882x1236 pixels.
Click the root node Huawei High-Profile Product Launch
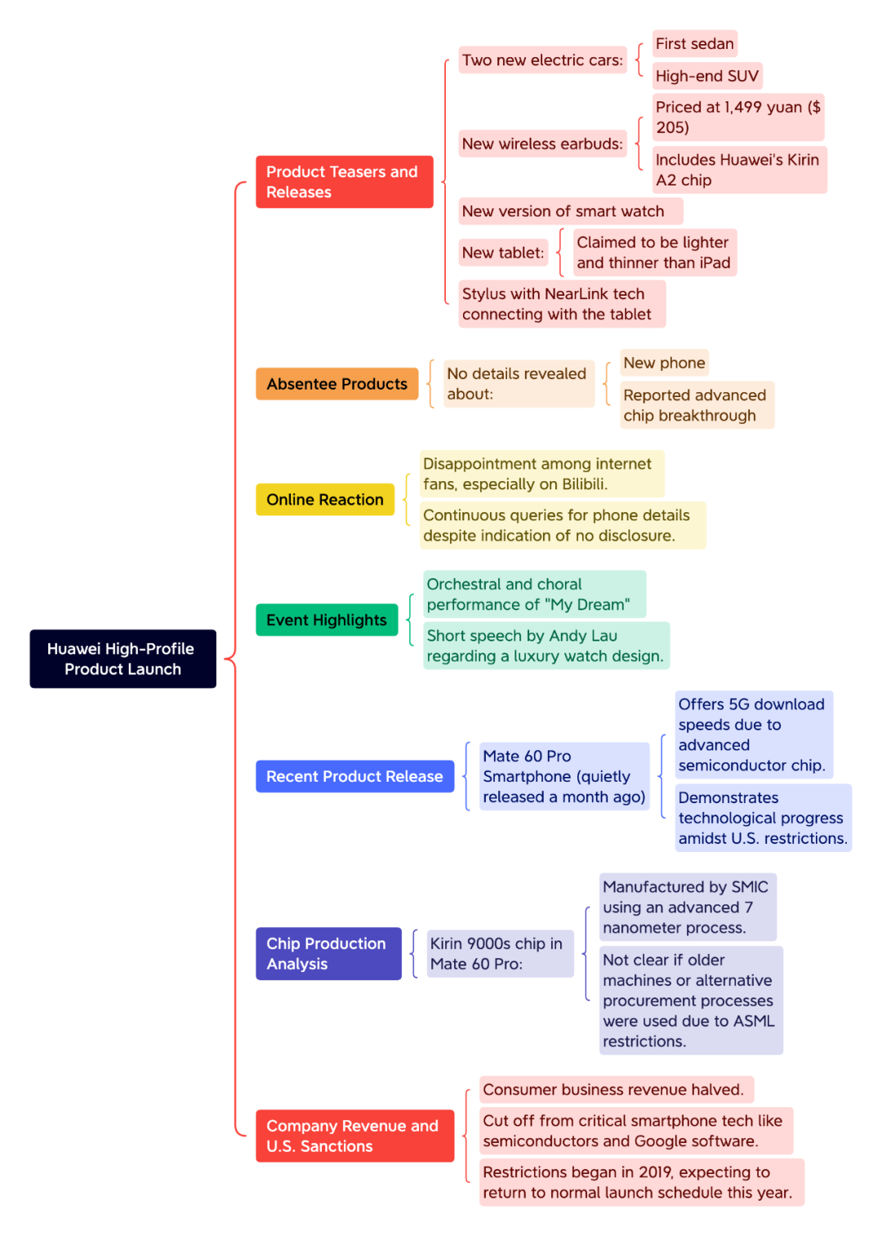point(122,658)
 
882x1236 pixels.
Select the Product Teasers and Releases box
point(344,181)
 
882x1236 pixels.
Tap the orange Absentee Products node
point(337,383)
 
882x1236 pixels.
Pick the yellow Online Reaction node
point(325,499)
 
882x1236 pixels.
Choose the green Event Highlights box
point(327,620)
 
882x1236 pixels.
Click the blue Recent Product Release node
point(354,776)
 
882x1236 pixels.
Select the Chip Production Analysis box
point(328,953)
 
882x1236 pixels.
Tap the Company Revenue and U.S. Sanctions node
point(354,1136)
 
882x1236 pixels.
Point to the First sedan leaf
point(694,43)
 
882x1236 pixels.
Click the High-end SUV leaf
point(707,76)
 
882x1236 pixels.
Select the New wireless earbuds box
point(543,144)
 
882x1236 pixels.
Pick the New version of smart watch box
point(571,211)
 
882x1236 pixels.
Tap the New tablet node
point(503,252)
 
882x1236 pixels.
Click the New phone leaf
point(664,363)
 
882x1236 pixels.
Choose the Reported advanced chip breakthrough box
point(697,405)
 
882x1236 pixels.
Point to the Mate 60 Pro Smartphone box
point(564,776)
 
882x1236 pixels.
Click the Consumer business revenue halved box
point(616,1089)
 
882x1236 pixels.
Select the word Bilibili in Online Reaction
point(584,484)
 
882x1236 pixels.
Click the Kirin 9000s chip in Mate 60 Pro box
point(501,953)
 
